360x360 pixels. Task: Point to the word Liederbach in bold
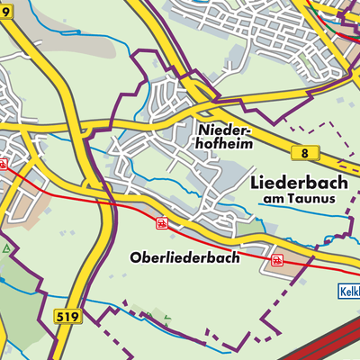(x=296, y=182)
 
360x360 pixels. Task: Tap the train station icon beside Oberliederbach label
(x=162, y=222)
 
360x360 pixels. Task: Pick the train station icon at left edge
(x=4, y=165)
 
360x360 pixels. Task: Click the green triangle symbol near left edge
(x=5, y=247)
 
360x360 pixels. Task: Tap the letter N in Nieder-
(x=200, y=130)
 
